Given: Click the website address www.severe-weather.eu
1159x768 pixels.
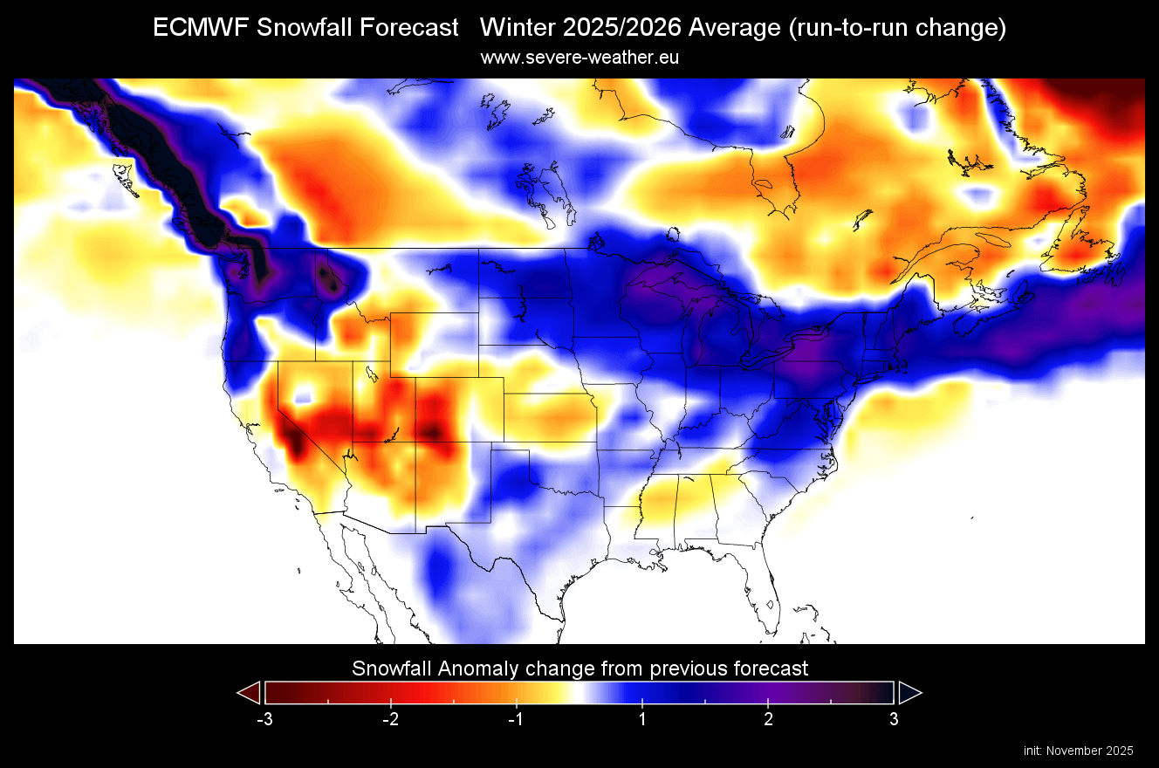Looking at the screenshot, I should (x=579, y=58).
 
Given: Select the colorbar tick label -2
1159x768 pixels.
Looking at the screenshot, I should (x=389, y=719).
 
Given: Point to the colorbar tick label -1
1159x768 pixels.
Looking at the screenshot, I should (x=515, y=719).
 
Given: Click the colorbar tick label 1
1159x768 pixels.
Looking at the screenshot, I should (x=642, y=719).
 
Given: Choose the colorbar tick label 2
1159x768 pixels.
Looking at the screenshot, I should (x=768, y=719).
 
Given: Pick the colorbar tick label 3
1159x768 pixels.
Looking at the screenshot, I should (x=894, y=719).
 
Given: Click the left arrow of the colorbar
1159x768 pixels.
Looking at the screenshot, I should (x=249, y=693).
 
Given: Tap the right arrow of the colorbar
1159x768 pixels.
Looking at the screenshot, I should (x=909, y=693).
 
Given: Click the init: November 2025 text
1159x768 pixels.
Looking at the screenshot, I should (x=1078, y=751).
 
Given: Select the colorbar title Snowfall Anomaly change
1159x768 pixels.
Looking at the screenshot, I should (x=579, y=669).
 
